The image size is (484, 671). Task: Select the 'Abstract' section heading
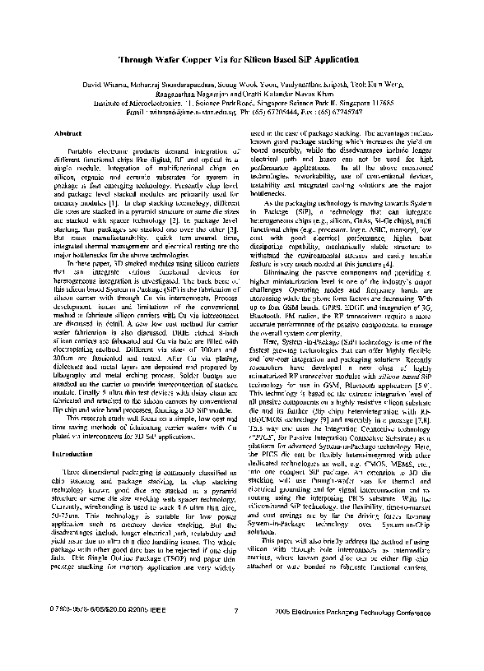click(67, 133)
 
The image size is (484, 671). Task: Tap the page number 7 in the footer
click(235, 634)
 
